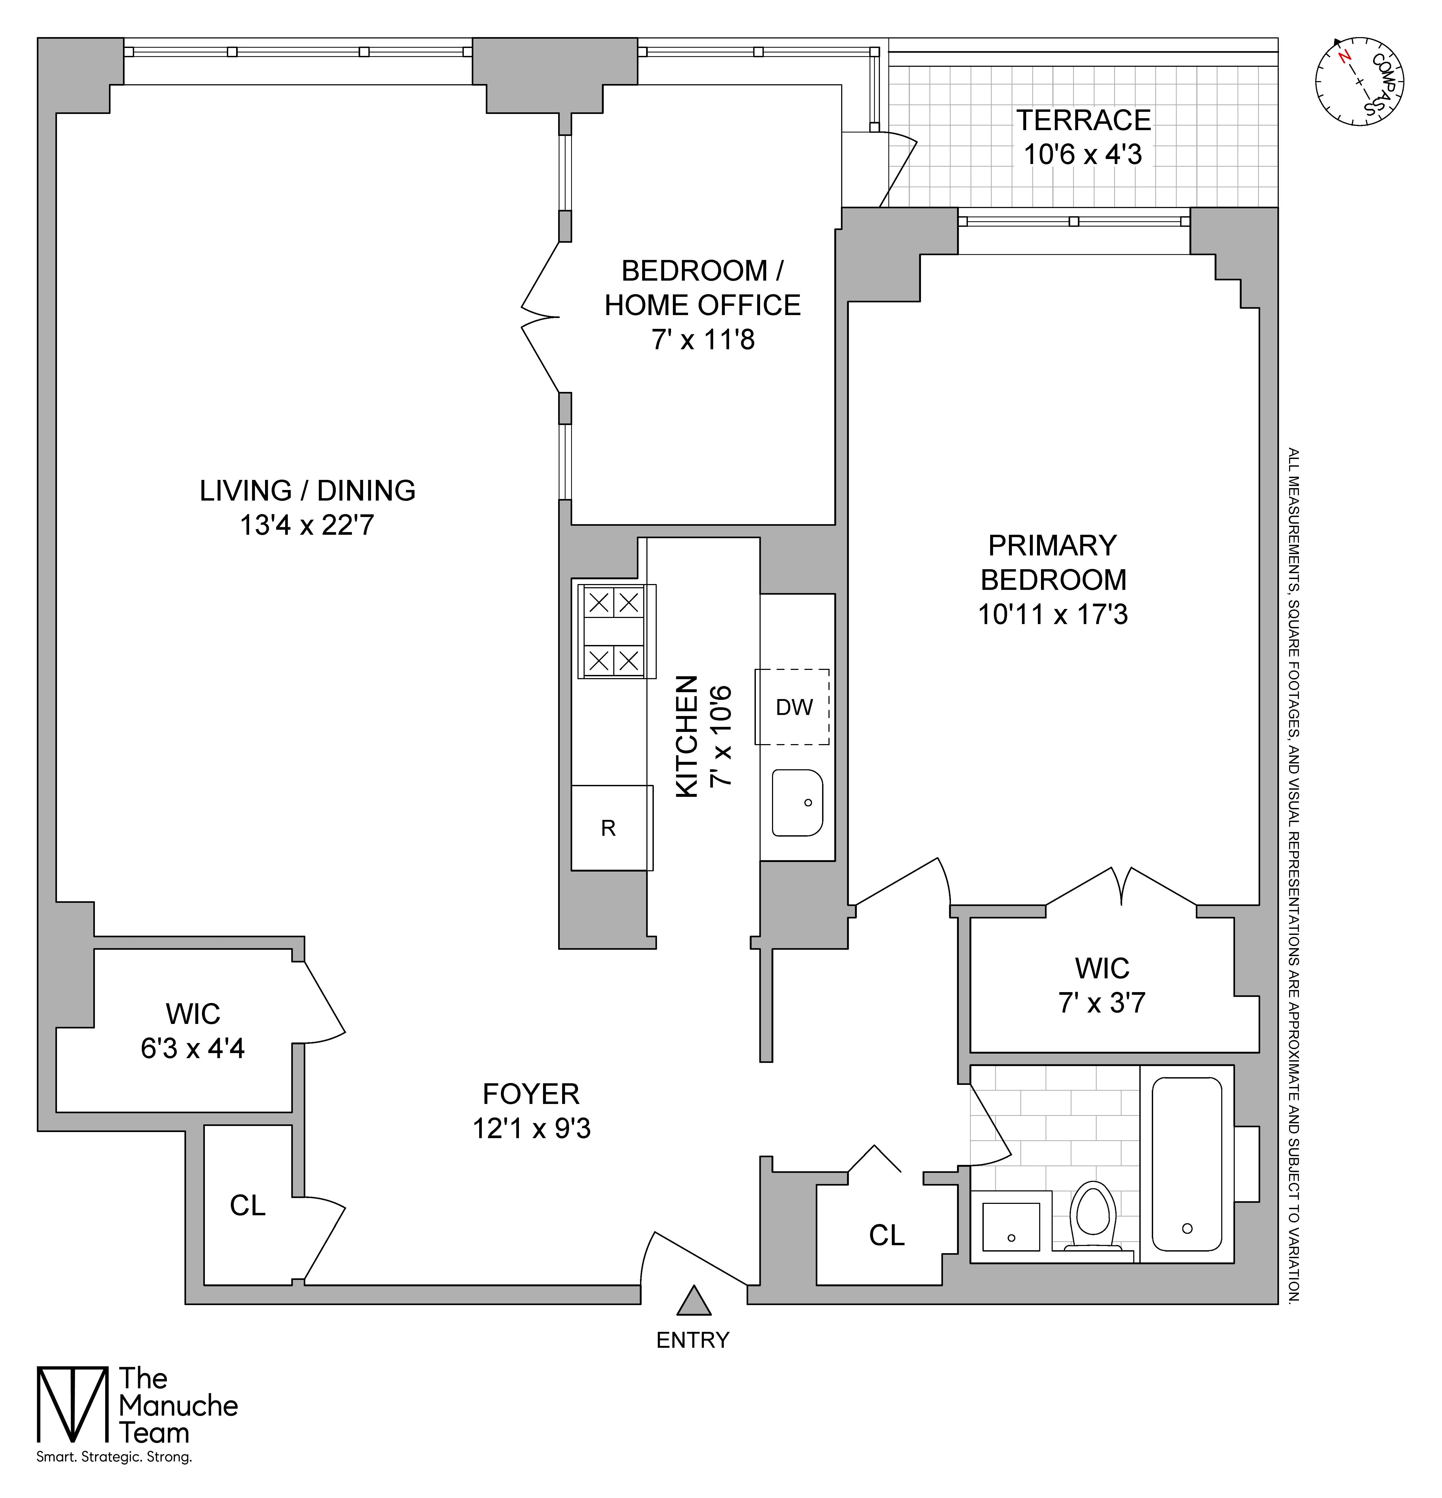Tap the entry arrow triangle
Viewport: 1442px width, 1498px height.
[x=694, y=1302]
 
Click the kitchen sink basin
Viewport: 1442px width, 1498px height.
[x=797, y=802]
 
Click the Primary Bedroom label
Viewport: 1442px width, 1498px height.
[x=1053, y=563]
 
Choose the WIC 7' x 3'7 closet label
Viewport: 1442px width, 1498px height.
[x=1102, y=985]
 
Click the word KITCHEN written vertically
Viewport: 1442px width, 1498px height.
[x=687, y=736]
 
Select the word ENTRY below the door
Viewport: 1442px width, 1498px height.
[x=693, y=1340]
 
